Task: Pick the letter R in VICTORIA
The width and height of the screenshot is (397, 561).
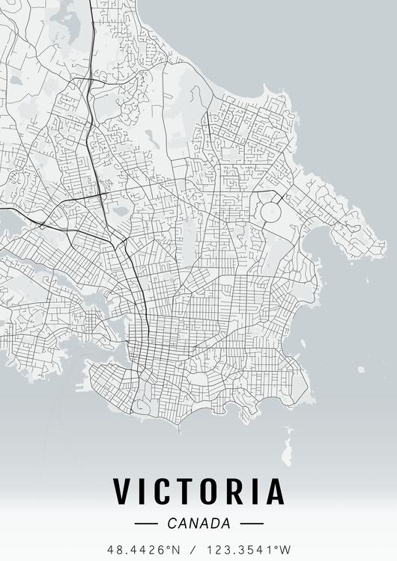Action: tap(243, 491)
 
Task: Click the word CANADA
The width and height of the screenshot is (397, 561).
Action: tap(199, 524)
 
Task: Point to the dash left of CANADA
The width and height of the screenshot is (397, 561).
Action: tap(145, 524)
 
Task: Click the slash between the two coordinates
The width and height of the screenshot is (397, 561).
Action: tap(196, 550)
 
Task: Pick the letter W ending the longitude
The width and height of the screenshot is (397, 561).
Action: tap(285, 550)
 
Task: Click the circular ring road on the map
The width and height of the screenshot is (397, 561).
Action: tap(270, 212)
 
